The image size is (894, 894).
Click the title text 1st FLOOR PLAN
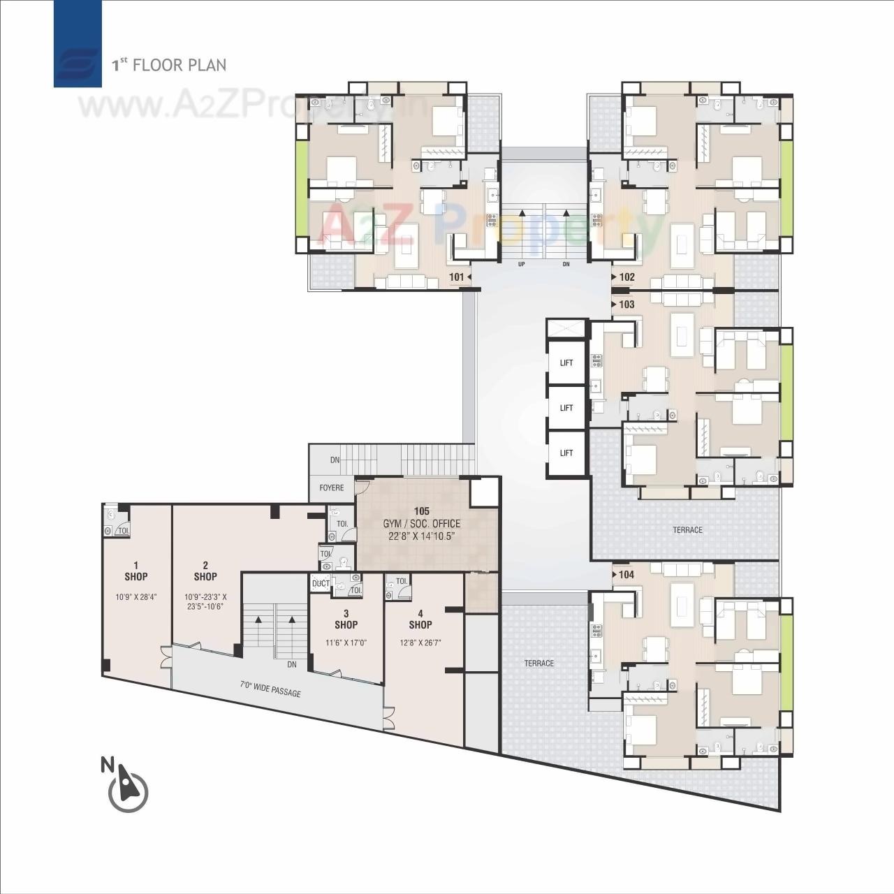point(170,65)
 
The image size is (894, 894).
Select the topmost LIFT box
point(566,362)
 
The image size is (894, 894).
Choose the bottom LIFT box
point(566,453)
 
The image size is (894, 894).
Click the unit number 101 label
point(457,277)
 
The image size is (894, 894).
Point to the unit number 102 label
point(626,277)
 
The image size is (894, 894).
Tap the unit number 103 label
point(626,305)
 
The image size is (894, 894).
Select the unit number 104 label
point(626,575)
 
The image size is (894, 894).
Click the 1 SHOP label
point(136,571)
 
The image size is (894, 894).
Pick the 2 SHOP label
point(205,571)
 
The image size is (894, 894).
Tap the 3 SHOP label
point(346,620)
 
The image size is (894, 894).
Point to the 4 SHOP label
point(420,620)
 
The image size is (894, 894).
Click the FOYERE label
point(332,488)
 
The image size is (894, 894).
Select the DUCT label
point(321,584)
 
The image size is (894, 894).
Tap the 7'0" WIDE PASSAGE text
point(270,689)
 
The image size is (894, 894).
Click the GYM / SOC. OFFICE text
point(421,524)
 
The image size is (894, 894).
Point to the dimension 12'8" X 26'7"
point(420,643)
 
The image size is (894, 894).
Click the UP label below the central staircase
point(521,265)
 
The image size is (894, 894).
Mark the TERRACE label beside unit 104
point(539,663)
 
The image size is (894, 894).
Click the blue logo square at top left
point(78,43)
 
